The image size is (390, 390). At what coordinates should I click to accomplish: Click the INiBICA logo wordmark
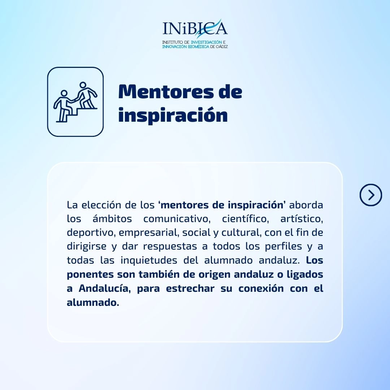[195, 28]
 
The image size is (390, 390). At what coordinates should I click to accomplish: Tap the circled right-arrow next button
[370, 195]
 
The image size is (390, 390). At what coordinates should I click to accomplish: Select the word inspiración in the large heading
[173, 115]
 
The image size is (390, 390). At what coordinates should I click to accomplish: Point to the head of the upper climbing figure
[83, 85]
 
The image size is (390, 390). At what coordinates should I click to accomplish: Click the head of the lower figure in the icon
[64, 93]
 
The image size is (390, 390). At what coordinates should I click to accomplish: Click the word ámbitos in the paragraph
[112, 219]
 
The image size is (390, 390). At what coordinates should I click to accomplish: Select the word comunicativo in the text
[177, 219]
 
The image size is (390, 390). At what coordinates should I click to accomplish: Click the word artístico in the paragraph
[302, 219]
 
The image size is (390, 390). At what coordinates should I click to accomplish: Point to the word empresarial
[149, 233]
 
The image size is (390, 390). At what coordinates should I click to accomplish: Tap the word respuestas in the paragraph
[169, 247]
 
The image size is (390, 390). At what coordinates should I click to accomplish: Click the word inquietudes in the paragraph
[149, 260]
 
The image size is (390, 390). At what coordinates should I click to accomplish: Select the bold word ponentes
[90, 274]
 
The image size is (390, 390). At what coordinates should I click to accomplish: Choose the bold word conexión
[261, 289]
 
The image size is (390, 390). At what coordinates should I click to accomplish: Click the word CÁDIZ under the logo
[222, 47]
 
